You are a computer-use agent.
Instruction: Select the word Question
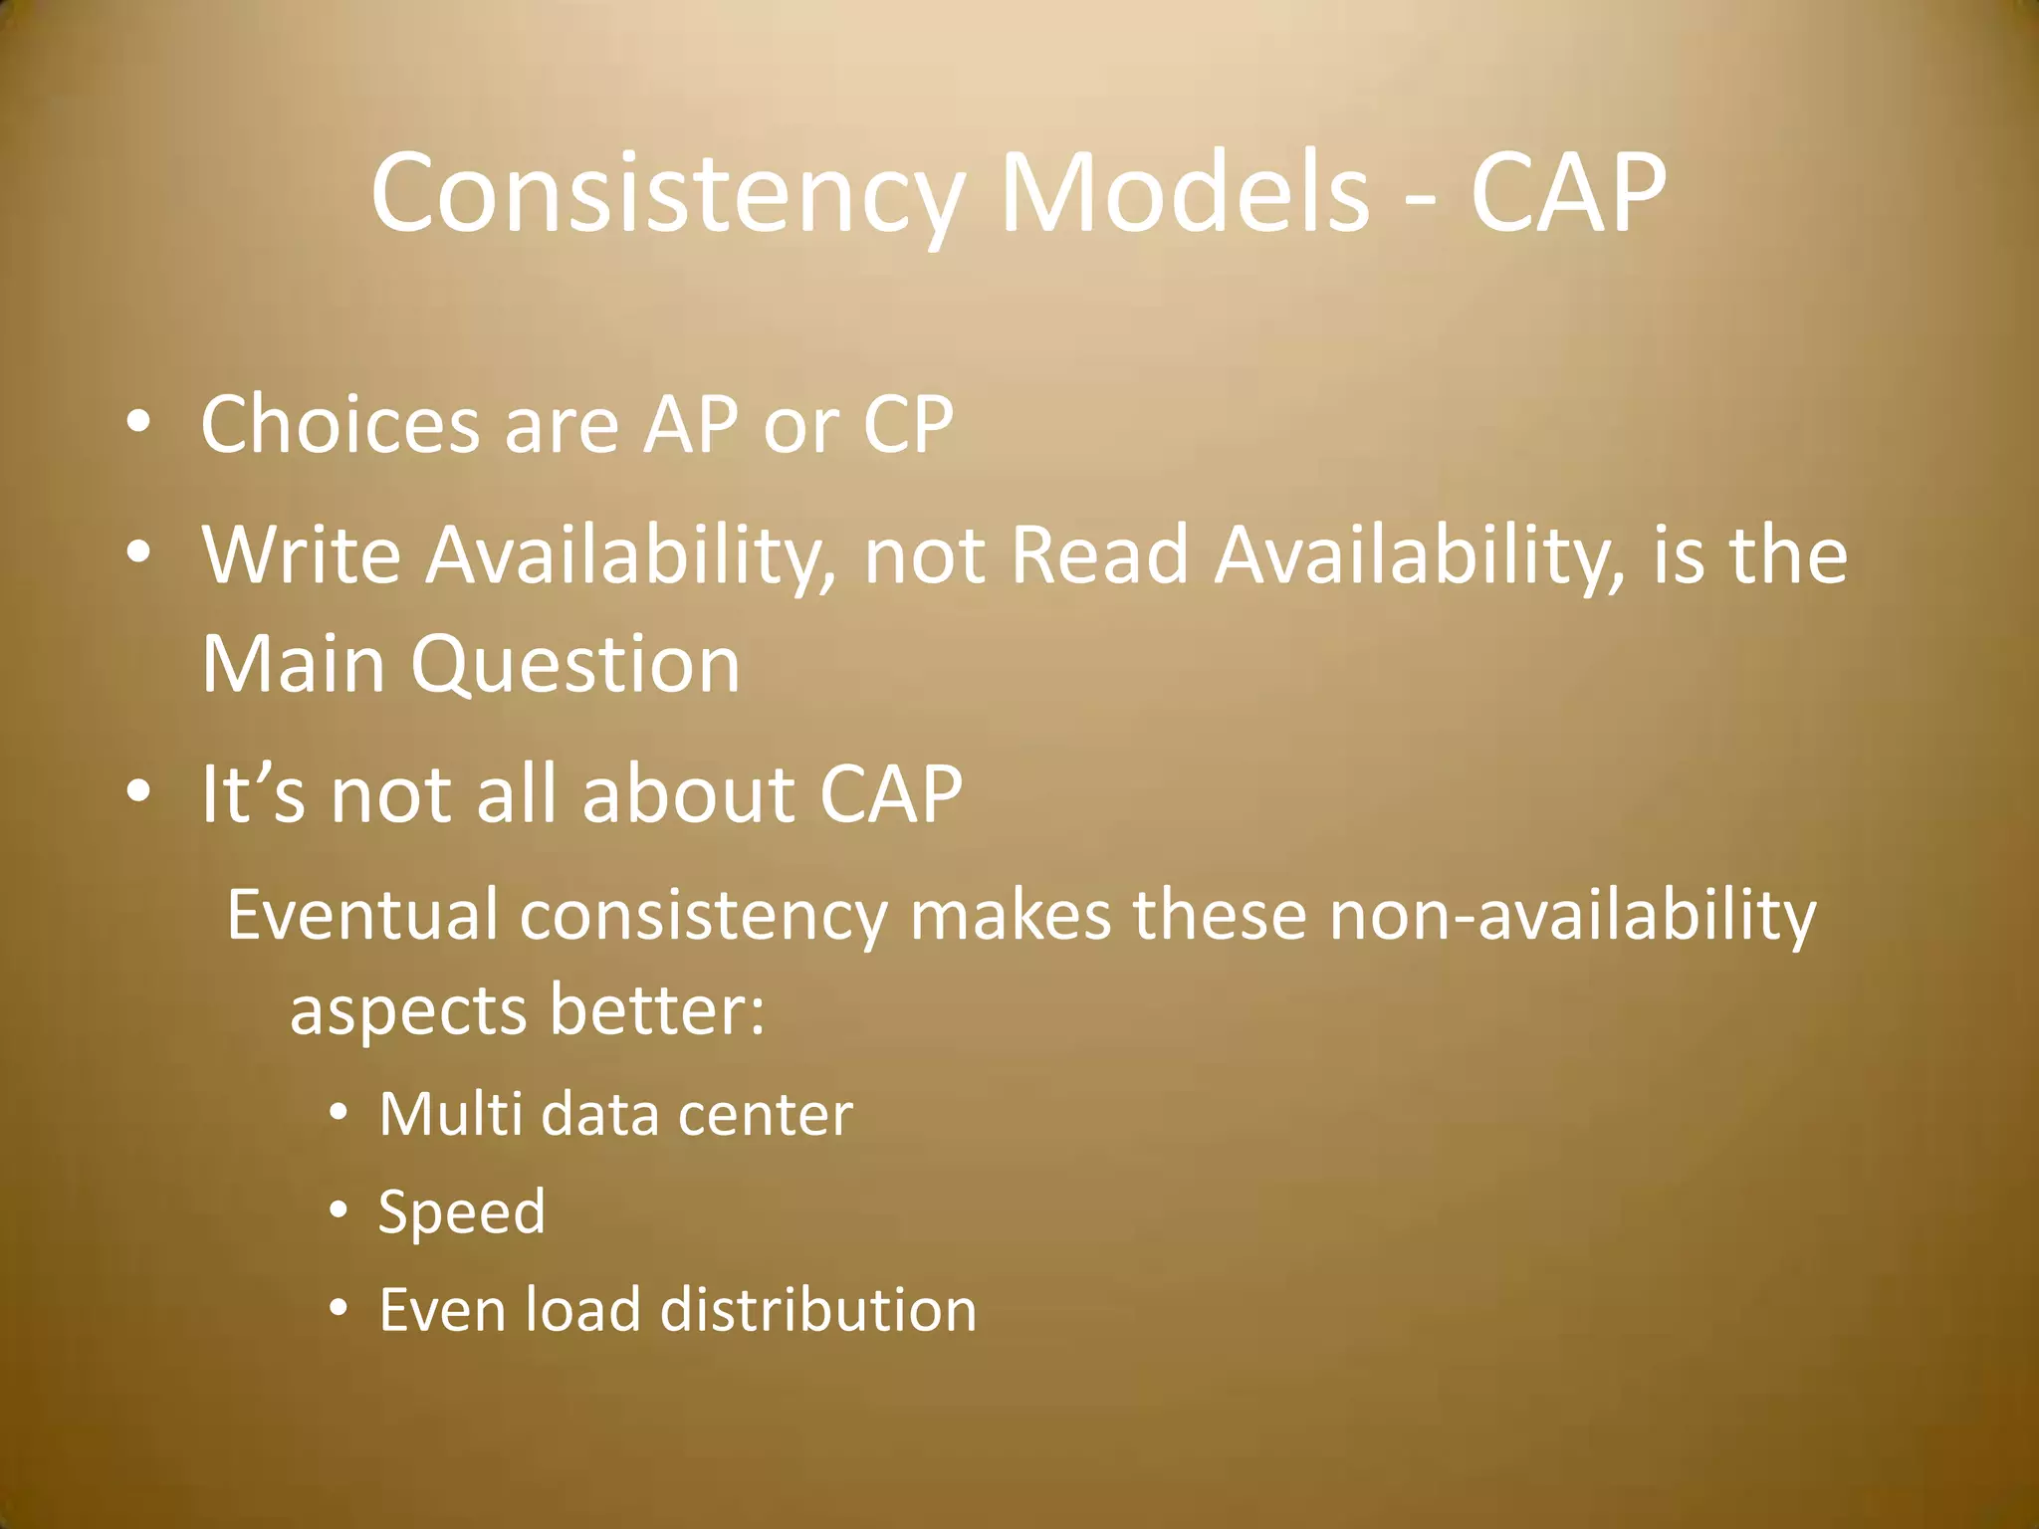[x=575, y=665]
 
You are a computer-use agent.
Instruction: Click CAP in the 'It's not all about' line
[x=890, y=793]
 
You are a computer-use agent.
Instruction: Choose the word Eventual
[x=361, y=915]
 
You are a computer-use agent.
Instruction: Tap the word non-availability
[x=1573, y=917]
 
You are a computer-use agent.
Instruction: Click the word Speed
[x=462, y=1212]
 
